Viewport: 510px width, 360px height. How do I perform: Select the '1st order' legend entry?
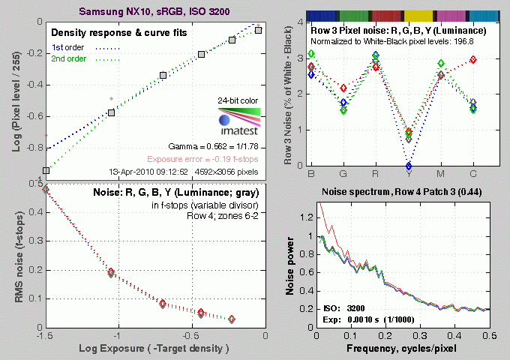[x=67, y=47]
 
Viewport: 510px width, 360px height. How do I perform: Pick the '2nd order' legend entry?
[x=67, y=59]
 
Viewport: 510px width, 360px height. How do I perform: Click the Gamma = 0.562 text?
[x=217, y=147]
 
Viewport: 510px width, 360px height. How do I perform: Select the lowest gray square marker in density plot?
[x=46, y=171]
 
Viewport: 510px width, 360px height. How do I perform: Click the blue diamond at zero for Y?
[x=408, y=166]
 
